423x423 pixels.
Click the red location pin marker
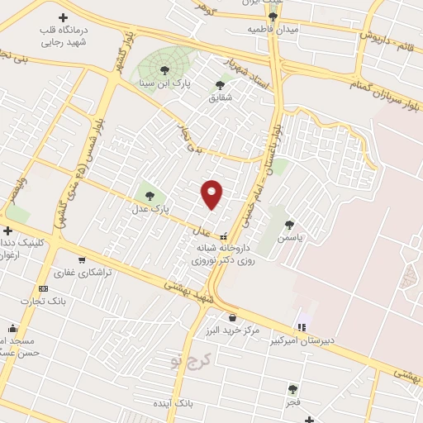[211, 194]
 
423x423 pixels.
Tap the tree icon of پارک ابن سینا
[164, 70]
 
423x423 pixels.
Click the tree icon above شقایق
[220, 84]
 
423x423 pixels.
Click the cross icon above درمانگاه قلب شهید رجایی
[64, 17]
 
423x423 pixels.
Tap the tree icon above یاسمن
[289, 224]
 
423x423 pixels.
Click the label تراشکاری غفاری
[77, 272]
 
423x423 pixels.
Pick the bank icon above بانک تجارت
[44, 288]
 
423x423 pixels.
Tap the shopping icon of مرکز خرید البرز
[232, 317]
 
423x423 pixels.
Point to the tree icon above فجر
[292, 388]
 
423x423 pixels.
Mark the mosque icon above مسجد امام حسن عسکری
[12, 327]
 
